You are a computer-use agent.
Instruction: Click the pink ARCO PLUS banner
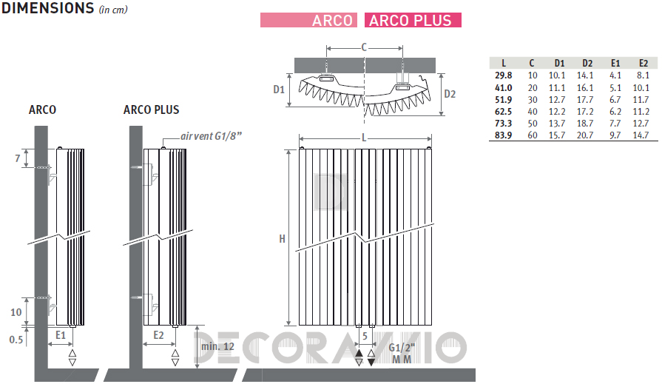click(x=413, y=20)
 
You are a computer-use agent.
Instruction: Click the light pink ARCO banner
click(x=308, y=20)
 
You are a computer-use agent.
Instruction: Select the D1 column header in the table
click(x=559, y=64)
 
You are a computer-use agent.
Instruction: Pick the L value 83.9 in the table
click(x=503, y=135)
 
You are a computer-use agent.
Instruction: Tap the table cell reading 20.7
click(x=585, y=135)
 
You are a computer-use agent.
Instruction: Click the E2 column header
click(x=643, y=64)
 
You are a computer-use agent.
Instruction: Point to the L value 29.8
click(x=503, y=75)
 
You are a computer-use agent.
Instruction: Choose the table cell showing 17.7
click(x=585, y=100)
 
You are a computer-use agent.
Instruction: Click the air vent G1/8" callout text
click(x=211, y=136)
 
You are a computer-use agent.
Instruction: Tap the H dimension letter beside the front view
click(x=282, y=239)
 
